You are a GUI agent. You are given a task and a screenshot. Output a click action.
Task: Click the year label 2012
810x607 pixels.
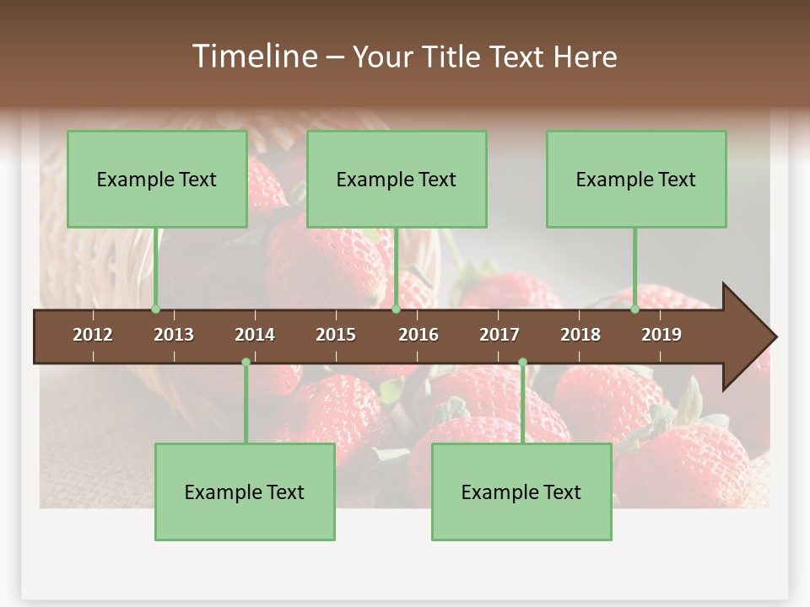pos(93,335)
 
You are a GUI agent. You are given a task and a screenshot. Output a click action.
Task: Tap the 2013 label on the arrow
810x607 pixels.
pos(174,335)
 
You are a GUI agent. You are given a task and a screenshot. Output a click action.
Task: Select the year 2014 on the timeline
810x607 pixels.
pos(255,335)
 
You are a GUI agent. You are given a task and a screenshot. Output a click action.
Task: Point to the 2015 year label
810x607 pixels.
pos(336,335)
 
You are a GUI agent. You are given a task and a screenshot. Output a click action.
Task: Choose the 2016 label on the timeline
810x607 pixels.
pos(418,335)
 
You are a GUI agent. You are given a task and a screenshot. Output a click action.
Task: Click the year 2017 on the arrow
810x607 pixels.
pos(499,335)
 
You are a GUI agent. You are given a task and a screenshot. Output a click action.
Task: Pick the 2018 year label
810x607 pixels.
pos(580,335)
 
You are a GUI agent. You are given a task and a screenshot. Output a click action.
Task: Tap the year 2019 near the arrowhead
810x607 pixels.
pos(661,335)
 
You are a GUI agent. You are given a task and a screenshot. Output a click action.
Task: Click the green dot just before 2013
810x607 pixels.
pos(156,309)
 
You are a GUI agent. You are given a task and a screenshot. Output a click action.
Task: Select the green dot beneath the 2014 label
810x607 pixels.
pos(246,363)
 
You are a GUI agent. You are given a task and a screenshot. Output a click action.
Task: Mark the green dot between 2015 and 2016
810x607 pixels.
pos(396,309)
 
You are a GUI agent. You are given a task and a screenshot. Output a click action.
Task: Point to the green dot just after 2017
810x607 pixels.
pos(522,363)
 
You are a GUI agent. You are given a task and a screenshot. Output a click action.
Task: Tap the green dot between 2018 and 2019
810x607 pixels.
pos(635,309)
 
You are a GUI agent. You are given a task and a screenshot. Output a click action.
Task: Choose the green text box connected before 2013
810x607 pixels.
pos(157,179)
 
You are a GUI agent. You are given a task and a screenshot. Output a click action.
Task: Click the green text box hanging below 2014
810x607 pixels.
pos(245,492)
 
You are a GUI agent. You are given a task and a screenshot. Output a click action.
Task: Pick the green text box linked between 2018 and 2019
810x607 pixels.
pos(636,179)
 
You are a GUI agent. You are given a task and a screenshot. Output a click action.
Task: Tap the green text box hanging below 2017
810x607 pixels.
pos(521,492)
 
